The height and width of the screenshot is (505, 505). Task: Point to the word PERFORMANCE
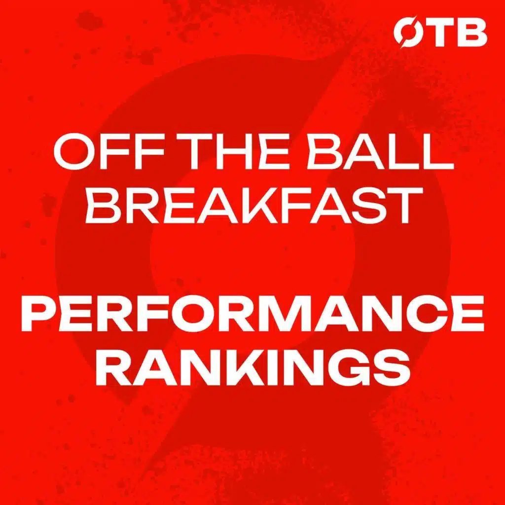[252, 314]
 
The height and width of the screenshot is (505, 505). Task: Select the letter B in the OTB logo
[471, 32]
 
